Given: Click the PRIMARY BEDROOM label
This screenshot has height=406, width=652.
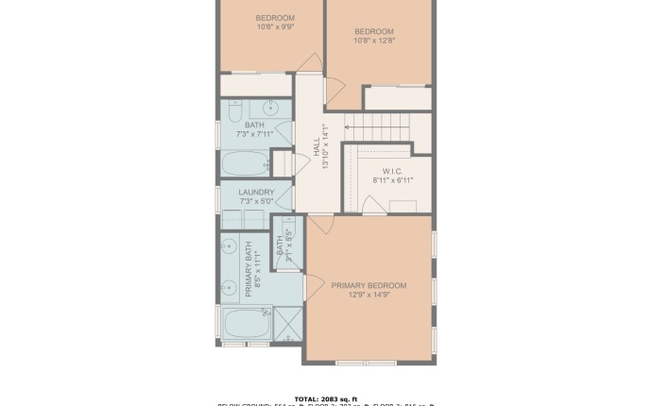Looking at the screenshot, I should coord(369,285).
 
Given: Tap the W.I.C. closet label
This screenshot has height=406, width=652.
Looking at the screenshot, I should coord(393,170).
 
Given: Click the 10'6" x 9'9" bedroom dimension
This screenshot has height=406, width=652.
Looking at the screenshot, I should coord(275,26).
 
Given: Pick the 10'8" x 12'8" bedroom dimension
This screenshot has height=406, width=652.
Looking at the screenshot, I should coord(374,41).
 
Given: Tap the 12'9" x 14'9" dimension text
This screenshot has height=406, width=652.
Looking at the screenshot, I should coord(369,296).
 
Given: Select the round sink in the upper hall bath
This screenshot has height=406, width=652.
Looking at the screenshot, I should coord(267,106).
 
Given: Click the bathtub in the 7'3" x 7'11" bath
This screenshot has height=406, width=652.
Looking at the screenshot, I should coord(246,163).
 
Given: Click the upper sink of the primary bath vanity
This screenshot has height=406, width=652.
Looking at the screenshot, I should coord(229,248).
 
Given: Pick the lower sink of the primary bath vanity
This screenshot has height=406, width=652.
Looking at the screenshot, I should coord(229,286).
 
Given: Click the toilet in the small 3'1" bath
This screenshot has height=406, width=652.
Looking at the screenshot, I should coord(288,227).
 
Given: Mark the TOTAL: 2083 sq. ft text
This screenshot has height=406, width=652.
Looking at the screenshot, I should coord(326,398).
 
